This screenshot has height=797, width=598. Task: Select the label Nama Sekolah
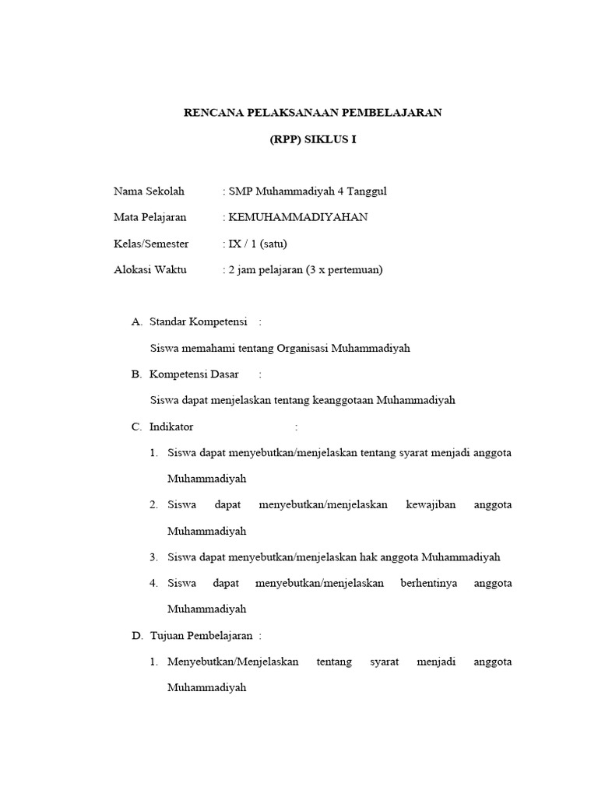(149, 191)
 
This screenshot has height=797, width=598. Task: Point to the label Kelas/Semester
(151, 244)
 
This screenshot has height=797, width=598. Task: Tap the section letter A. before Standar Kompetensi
(137, 321)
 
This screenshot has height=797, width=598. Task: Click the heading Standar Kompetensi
(199, 321)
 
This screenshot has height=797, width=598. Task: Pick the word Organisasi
(300, 348)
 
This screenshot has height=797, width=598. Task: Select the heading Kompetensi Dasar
(194, 374)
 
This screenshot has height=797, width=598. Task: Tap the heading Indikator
(171, 427)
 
